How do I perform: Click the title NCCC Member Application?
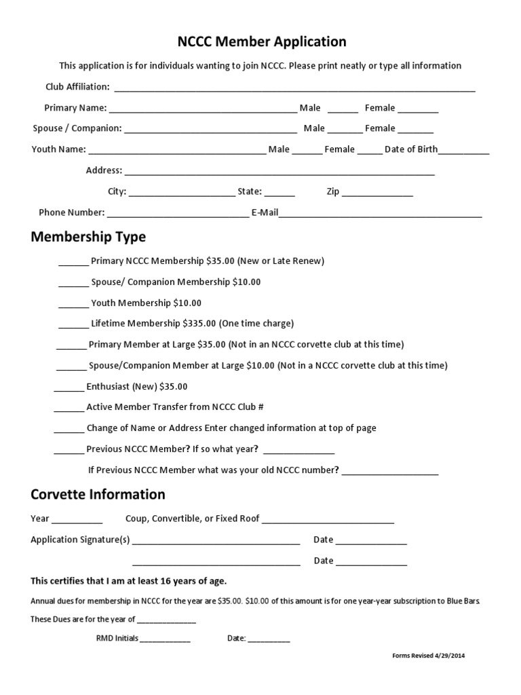tap(261, 42)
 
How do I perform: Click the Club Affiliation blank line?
tap(294, 88)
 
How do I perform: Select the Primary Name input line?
tap(203, 109)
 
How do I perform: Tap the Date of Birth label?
tap(411, 149)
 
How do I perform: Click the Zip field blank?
tap(377, 193)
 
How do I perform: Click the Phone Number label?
tap(71, 212)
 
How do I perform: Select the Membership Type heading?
tap(88, 237)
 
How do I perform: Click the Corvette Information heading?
tap(98, 494)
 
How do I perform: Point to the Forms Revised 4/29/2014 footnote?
tap(429, 656)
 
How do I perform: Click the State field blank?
tap(279, 193)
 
